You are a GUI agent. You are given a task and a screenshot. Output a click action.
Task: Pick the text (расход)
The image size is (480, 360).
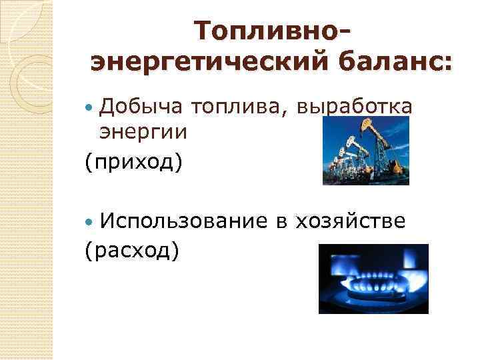(132, 251)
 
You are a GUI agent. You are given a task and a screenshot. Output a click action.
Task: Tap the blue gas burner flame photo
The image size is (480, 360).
(373, 279)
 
